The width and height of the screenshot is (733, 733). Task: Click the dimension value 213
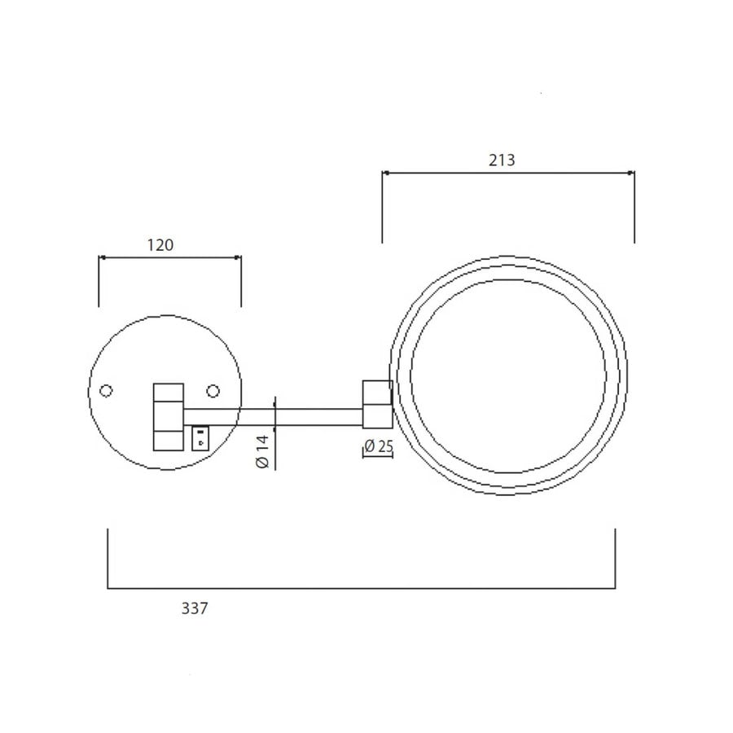click(503, 160)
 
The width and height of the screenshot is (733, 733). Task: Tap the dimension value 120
click(160, 244)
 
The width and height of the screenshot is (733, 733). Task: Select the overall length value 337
click(195, 608)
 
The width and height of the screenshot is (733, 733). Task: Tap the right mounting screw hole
click(213, 392)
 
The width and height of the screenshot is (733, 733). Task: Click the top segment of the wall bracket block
click(169, 392)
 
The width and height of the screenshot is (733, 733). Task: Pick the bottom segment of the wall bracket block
click(169, 438)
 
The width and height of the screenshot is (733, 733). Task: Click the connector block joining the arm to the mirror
click(377, 405)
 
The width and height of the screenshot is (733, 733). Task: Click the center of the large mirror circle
click(509, 375)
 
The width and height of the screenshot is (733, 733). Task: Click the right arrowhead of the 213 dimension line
click(632, 173)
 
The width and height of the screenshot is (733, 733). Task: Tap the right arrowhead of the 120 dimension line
click(239, 257)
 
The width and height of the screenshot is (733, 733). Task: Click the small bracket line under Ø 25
click(377, 458)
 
